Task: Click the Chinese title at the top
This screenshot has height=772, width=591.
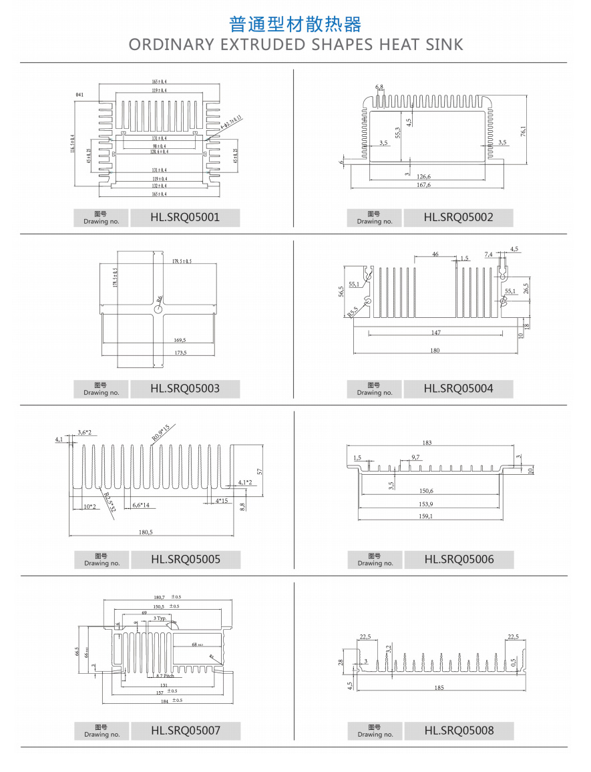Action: coord(295,25)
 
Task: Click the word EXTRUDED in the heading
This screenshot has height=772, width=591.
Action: coord(262,45)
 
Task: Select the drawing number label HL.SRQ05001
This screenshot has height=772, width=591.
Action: coord(185,217)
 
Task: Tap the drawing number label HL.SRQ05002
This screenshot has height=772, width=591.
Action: coord(458,217)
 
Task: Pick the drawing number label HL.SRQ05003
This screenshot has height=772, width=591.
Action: coord(185,388)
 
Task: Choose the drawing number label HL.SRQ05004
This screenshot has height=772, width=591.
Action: coord(458,388)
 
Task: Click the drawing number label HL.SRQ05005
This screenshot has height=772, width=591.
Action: coord(185,559)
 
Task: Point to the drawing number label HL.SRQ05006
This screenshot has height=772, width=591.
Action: coord(459,559)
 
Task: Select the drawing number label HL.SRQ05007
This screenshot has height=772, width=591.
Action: coord(185,730)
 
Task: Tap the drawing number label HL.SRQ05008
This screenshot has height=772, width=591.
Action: coord(459,730)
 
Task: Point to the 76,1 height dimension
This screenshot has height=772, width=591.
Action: coord(524,130)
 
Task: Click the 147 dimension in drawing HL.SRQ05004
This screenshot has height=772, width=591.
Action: coord(435,332)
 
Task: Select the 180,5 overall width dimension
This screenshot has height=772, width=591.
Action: coord(146,532)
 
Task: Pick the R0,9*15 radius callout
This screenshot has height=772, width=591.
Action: coord(160,432)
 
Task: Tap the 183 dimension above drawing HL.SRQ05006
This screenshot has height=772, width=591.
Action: coord(427,443)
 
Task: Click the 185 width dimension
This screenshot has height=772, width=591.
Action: coord(439,687)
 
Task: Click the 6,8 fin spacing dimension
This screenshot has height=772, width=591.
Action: coord(379,87)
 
